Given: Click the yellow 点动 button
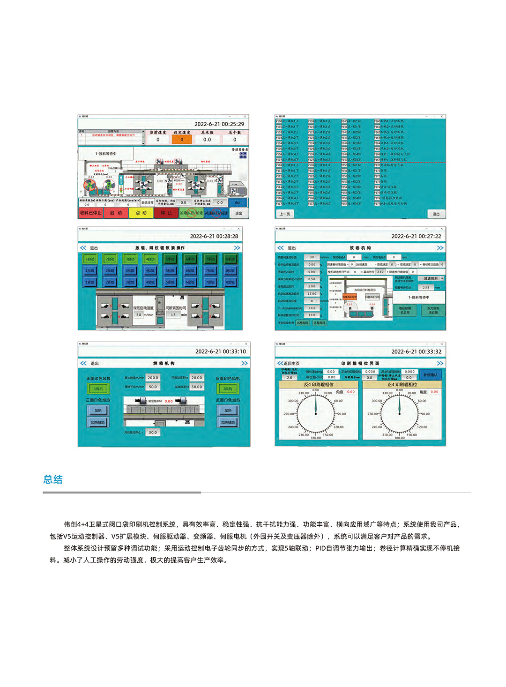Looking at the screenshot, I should point(141,213).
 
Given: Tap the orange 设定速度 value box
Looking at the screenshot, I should point(182,139).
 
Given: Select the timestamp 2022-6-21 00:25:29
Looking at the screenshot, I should point(219,124).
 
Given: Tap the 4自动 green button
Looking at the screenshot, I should point(150,259).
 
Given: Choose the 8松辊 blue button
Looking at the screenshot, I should point(230,270).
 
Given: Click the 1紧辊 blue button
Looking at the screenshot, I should point(90,282).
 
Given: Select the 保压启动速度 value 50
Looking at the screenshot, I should point(139,315).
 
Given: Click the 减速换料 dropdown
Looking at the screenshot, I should point(431,278).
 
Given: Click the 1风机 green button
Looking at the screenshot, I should point(98,388).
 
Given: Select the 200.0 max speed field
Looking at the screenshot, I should point(153,377).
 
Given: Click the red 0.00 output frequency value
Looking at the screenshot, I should point(168,401).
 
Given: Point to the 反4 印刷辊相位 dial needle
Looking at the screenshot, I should point(316,405).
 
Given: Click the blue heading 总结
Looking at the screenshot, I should point(53,479).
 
